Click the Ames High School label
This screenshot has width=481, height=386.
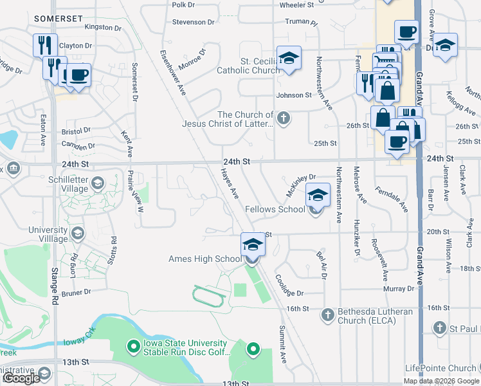[x=204, y=259]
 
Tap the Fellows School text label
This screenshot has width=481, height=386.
[x=275, y=209]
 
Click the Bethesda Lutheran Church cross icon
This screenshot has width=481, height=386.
[x=328, y=315]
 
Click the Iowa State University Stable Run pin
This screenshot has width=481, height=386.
[x=134, y=347]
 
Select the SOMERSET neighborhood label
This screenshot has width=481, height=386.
[x=59, y=19]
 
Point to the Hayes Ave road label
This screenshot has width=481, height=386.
[x=230, y=184]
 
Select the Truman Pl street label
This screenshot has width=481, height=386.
[x=302, y=22]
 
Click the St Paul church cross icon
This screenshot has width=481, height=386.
[x=440, y=327]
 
